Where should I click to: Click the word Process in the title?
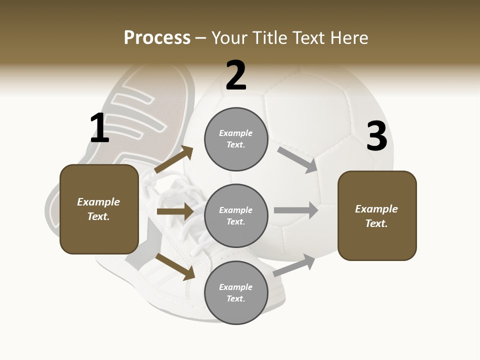(x=157, y=38)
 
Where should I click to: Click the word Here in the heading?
(x=347, y=38)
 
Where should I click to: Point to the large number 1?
(x=99, y=128)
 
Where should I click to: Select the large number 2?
(x=236, y=75)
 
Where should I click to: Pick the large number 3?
(x=376, y=137)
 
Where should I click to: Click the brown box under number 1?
(x=99, y=209)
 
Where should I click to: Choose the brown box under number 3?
(x=377, y=215)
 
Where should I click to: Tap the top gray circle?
(x=236, y=139)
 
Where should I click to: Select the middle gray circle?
(x=236, y=215)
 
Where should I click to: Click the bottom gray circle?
(x=236, y=292)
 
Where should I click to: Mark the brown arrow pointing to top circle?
(x=174, y=159)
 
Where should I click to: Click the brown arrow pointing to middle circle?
(x=175, y=211)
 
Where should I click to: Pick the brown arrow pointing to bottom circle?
(x=175, y=266)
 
